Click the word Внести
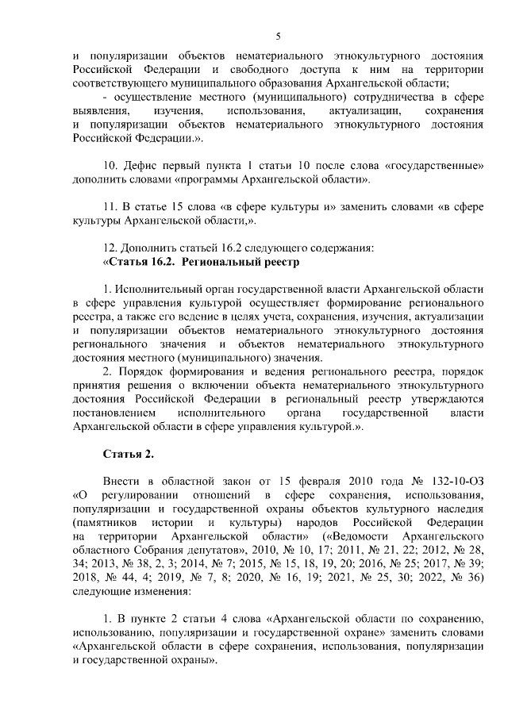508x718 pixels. point(121,482)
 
